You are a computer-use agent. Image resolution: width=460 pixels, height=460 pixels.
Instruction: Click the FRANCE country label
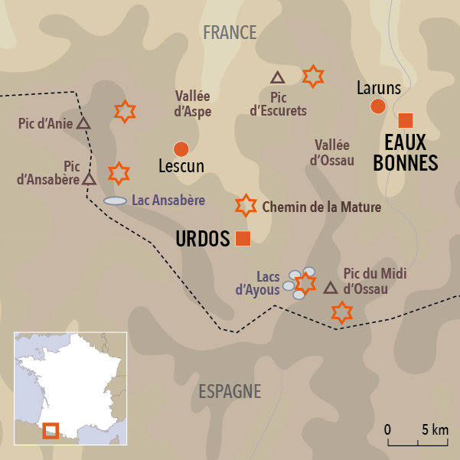[x=230, y=32]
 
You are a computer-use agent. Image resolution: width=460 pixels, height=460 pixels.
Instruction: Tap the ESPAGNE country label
[x=230, y=391]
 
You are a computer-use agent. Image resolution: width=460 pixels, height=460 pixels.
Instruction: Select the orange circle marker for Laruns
[x=377, y=106]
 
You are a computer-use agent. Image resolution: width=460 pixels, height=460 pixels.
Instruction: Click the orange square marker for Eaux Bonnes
[x=406, y=120]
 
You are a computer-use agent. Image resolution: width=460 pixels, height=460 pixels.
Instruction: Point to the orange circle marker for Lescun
[x=181, y=148]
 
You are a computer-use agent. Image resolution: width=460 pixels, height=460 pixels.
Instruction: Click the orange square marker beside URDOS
[x=243, y=238]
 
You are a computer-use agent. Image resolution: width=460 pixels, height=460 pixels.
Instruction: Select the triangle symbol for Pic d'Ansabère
[x=90, y=179]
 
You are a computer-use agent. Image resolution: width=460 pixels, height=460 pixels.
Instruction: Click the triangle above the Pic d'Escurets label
[x=278, y=77]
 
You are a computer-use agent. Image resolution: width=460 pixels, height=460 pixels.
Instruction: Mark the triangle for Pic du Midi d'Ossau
[x=331, y=289]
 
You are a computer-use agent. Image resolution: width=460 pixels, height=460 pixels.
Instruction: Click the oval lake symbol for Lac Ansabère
[x=115, y=201]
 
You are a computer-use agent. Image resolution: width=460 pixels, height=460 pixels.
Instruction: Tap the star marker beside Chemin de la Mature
[x=245, y=205]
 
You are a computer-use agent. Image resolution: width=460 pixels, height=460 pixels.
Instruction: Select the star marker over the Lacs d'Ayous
[x=305, y=283]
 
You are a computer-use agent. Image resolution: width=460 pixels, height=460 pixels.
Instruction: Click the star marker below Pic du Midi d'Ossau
[x=341, y=312]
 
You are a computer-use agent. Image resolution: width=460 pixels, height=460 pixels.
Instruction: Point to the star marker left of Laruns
[x=312, y=76]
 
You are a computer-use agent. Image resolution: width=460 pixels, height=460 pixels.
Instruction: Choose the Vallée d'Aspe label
[x=193, y=103]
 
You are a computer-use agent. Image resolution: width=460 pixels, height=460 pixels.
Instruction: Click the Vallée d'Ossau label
[x=332, y=152]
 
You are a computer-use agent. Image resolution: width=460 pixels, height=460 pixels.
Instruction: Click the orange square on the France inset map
[x=51, y=431]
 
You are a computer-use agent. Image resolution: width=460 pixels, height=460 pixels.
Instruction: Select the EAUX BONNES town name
[x=411, y=153]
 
